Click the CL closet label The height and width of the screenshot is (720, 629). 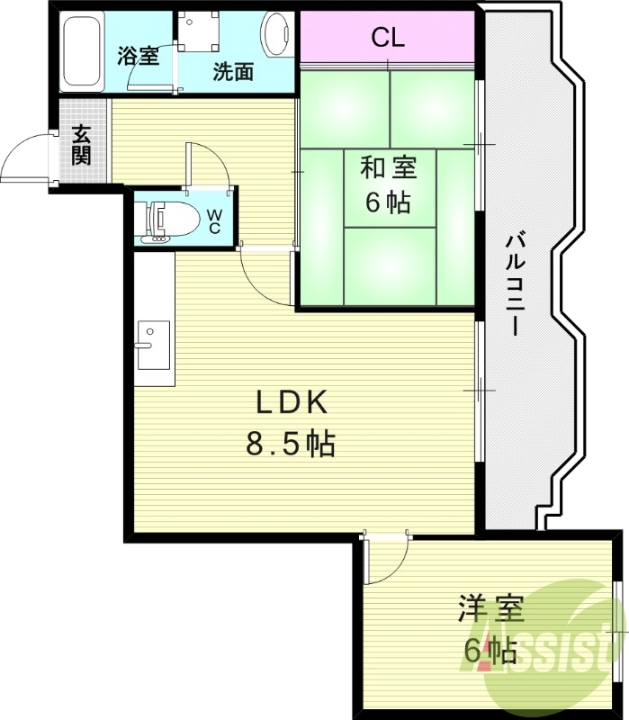coord(388,38)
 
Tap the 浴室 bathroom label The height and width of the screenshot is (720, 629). coord(138,56)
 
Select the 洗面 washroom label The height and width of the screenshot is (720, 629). coord(233,73)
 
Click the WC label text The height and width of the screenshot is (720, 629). coord(216,221)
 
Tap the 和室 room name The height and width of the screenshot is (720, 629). coord(388,168)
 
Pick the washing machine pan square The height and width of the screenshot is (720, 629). coord(197,32)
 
